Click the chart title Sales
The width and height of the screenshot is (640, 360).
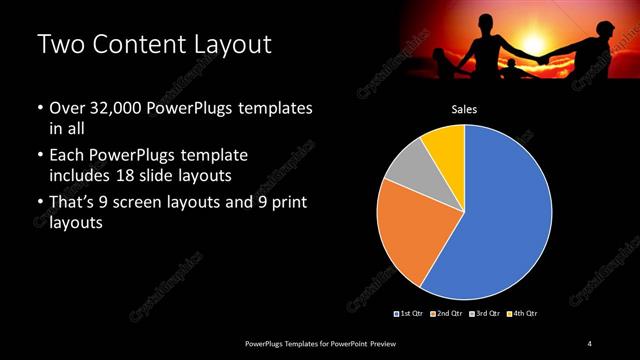coord(463,110)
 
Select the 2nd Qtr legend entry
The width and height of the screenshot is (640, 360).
coord(447,314)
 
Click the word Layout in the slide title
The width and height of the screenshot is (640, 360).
coord(227,45)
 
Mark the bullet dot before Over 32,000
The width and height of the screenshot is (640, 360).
coord(39,108)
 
